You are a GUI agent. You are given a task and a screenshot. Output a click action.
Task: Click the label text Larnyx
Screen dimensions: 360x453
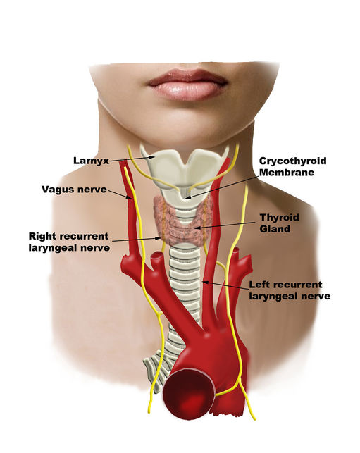pos(91,161)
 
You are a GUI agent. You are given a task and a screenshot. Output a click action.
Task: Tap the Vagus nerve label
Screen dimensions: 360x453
pos(74,190)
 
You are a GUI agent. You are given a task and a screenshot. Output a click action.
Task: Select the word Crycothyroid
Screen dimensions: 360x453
pos(292,161)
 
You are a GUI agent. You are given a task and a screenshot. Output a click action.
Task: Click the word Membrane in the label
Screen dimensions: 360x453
pos(287,173)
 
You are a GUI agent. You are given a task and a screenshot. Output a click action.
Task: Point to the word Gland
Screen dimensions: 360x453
pos(275,229)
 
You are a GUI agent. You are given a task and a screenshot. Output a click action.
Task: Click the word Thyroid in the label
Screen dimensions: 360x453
pos(279,217)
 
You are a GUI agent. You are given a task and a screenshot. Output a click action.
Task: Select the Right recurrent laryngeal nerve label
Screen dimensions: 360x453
pos(69,242)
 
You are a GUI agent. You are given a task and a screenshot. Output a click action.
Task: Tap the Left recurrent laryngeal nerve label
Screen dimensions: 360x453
pos(290,290)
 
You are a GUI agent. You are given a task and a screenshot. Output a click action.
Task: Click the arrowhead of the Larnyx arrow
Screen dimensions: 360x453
pos(154,157)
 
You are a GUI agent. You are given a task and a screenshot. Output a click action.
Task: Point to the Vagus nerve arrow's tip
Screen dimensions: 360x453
pos(132,199)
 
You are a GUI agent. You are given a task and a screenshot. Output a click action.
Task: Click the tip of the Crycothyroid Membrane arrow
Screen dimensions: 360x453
pos(185,198)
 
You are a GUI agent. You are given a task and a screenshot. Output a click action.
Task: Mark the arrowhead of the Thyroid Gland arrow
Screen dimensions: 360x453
pos(196,228)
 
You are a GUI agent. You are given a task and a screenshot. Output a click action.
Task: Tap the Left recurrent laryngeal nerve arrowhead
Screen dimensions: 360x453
pos(203,281)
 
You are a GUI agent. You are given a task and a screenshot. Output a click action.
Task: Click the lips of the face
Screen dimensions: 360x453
pos(187,85)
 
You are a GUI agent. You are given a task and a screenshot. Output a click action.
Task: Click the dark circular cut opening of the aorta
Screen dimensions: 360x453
pos(189,393)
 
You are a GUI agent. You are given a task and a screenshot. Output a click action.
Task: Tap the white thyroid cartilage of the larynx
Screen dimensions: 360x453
pos(185,168)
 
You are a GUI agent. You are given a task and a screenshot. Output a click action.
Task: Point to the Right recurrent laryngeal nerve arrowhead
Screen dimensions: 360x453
pos(160,238)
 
